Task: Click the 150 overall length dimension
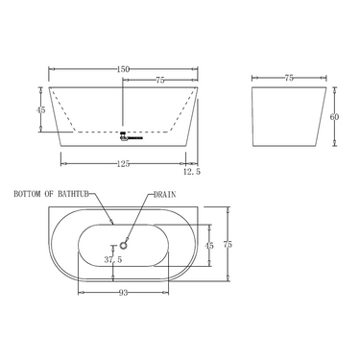pyautogui.click(x=124, y=69)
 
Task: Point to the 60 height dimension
pyautogui.click(x=334, y=116)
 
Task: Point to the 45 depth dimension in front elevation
pyautogui.click(x=40, y=109)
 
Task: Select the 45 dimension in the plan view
pyautogui.click(x=210, y=244)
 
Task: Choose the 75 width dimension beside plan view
pyautogui.click(x=228, y=245)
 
